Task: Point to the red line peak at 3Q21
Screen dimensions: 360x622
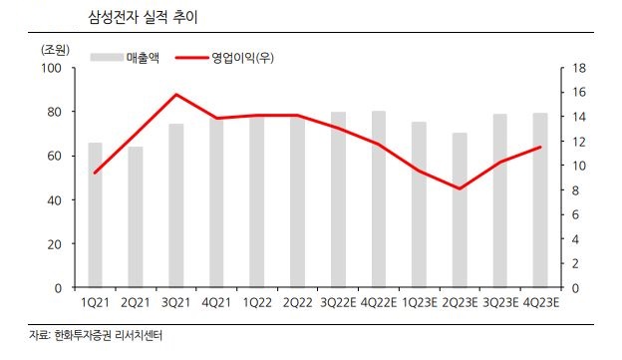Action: point(175,95)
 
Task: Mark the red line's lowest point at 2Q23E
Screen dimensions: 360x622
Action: point(460,188)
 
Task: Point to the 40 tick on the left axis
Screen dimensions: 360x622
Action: point(55,199)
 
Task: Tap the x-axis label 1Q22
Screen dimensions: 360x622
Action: point(256,302)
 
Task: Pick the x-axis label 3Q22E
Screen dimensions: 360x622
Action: point(338,302)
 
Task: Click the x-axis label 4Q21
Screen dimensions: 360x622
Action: point(215,302)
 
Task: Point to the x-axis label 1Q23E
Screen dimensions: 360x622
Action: point(419,302)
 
